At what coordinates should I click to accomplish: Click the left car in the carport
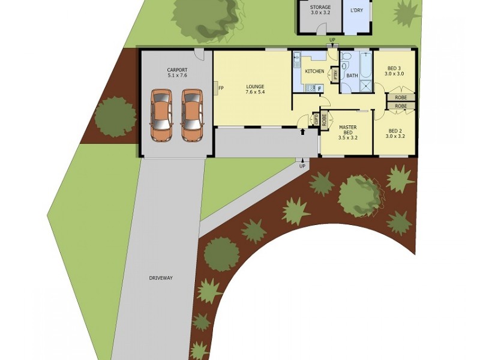[x=161, y=115]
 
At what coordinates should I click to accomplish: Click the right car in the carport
[x=192, y=115]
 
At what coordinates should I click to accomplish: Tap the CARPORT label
[x=177, y=70]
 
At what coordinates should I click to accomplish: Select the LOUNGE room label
[x=254, y=86]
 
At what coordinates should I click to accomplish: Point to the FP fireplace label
[x=221, y=88]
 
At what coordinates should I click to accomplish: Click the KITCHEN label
[x=314, y=71]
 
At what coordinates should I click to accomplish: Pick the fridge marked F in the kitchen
[x=319, y=89]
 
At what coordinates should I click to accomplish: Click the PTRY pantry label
[x=335, y=74]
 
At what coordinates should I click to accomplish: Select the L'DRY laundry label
[x=356, y=10]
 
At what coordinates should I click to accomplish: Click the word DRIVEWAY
[x=161, y=278]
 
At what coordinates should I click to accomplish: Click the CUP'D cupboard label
[x=316, y=119]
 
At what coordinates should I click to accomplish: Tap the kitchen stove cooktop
[x=310, y=89]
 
